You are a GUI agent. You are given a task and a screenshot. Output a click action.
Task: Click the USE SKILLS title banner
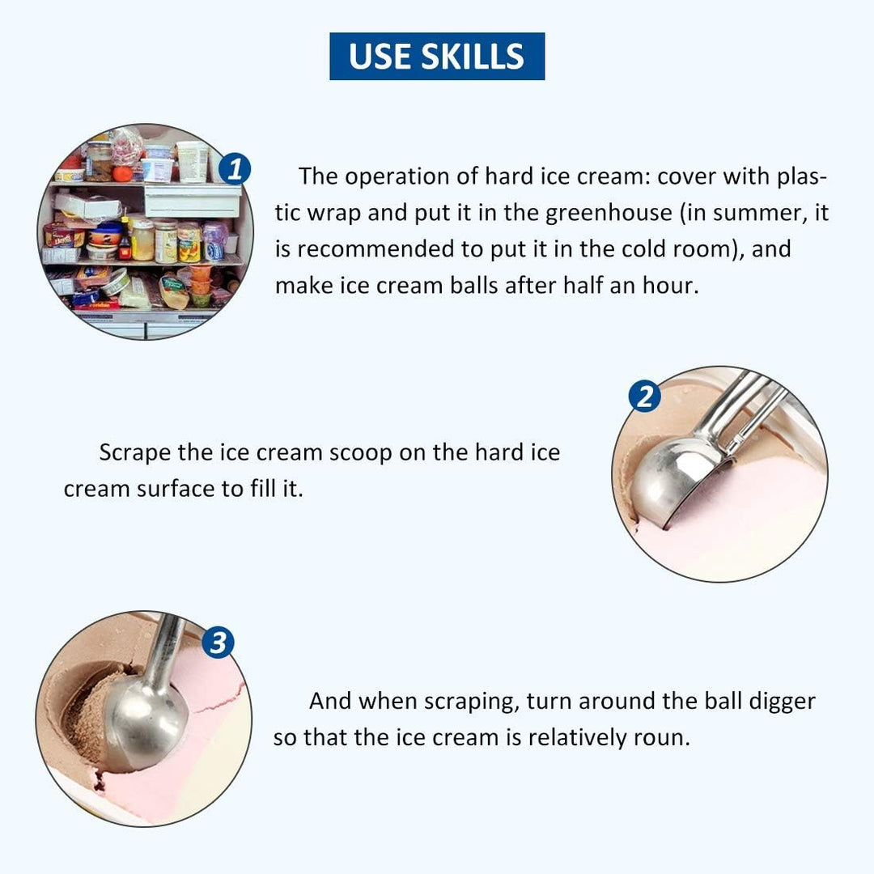[x=437, y=56]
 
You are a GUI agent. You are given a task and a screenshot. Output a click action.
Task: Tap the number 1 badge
[x=235, y=168]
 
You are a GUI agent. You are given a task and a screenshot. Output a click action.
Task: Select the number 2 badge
[x=644, y=396]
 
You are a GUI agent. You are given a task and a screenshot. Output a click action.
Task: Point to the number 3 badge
[x=218, y=642]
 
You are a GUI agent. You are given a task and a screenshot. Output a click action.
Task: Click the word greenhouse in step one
[x=609, y=213]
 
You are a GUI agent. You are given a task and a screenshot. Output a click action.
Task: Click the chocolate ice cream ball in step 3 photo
[x=89, y=719]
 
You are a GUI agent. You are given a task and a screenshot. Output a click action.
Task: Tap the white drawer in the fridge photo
[x=192, y=201]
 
